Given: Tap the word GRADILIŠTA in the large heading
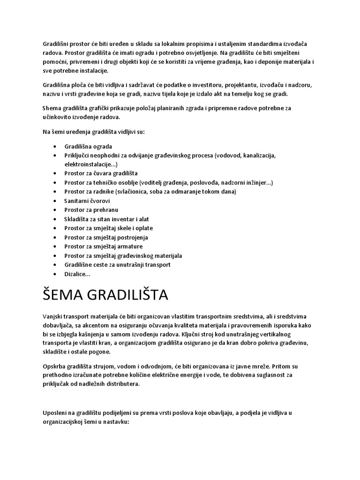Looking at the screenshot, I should click(131, 296).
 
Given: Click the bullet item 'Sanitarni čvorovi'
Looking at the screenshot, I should click(87, 201).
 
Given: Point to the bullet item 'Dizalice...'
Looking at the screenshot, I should click(77, 274).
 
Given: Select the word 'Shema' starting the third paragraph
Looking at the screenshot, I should click(52, 108).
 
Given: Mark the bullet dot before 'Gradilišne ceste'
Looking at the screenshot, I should click(56, 265).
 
